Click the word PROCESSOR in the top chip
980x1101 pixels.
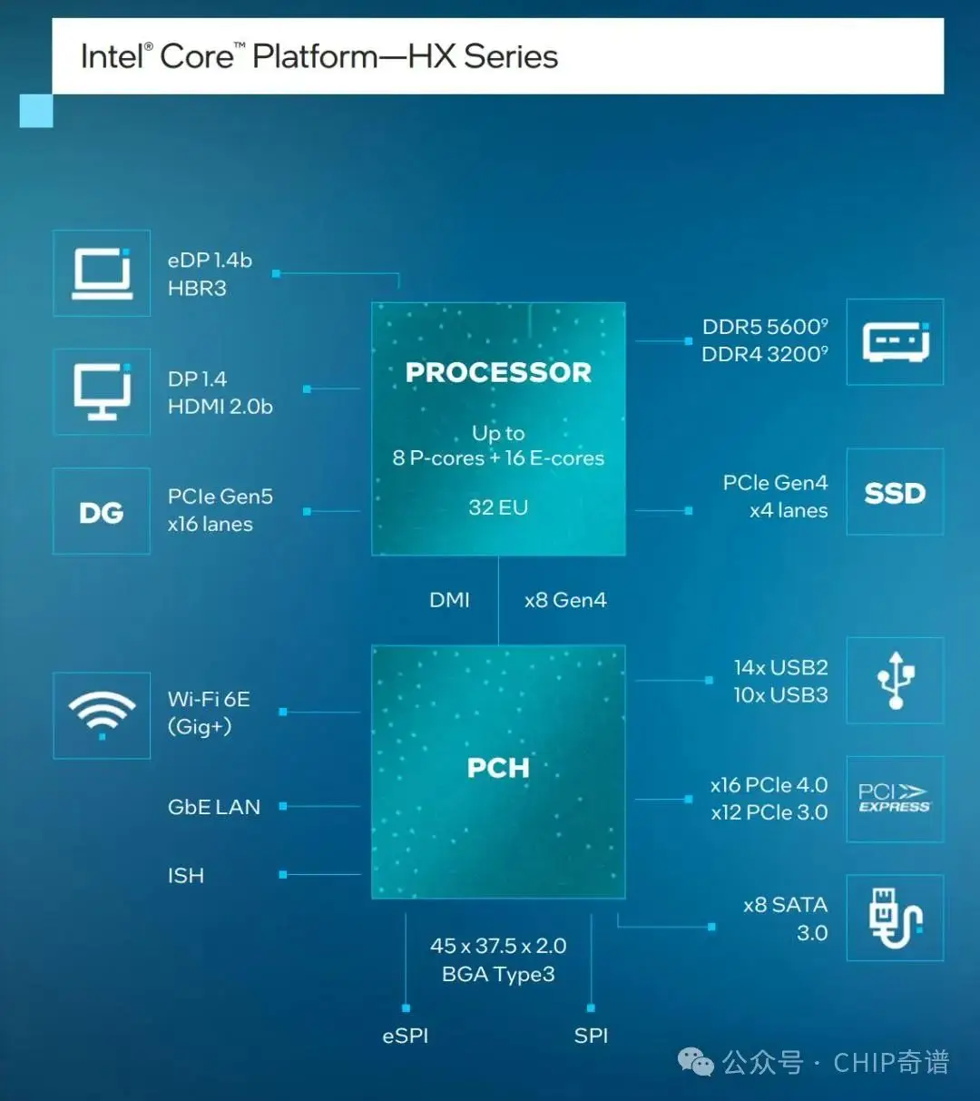click(498, 372)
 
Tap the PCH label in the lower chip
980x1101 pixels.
click(498, 768)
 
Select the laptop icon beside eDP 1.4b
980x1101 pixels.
click(102, 273)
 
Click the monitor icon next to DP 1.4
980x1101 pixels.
click(102, 391)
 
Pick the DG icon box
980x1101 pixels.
click(102, 512)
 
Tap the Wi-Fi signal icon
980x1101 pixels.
click(102, 714)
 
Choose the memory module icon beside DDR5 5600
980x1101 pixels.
click(895, 342)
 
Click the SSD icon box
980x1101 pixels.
click(895, 493)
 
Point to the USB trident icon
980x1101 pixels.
click(895, 680)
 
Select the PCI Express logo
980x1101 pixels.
click(895, 799)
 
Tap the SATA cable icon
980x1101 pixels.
click(895, 918)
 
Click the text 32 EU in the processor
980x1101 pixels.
click(498, 507)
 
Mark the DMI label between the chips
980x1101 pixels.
click(449, 600)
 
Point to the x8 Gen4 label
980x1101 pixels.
click(565, 600)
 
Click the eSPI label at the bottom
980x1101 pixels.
click(406, 1036)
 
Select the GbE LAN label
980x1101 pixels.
click(214, 807)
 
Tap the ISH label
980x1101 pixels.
click(186, 876)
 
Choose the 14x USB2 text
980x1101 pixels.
click(780, 668)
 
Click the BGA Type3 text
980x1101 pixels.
click(498, 975)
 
